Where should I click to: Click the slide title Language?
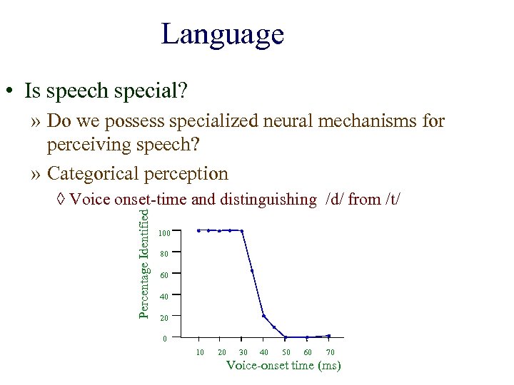click(x=222, y=34)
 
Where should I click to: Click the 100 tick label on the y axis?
click(x=164, y=233)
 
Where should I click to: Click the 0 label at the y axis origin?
click(x=164, y=339)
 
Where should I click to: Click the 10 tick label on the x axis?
click(x=200, y=352)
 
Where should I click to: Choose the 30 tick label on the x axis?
click(x=243, y=352)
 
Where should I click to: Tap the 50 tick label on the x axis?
click(x=286, y=352)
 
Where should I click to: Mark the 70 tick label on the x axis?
click(x=330, y=352)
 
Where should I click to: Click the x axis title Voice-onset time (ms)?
click(x=283, y=366)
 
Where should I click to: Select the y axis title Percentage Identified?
click(x=143, y=263)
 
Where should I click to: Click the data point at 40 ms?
click(x=263, y=316)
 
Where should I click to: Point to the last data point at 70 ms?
click(x=328, y=336)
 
